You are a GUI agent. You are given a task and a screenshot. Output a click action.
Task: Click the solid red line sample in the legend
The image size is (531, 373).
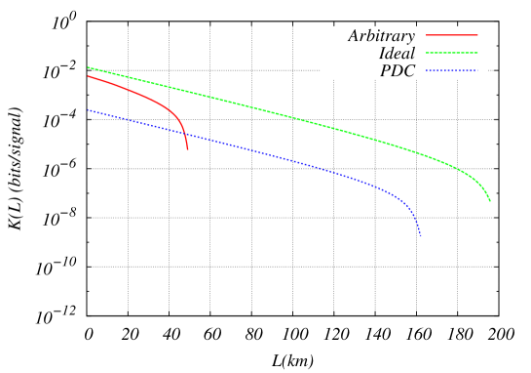[x=452, y=35]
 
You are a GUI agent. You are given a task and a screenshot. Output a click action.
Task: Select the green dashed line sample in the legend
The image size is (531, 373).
[x=452, y=53]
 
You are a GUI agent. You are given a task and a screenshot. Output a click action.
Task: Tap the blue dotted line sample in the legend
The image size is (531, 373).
[x=452, y=70]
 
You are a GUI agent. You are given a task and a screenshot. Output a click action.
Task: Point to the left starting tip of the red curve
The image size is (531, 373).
[x=88, y=76]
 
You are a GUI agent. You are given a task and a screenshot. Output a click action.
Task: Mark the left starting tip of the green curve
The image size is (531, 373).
[x=88, y=67]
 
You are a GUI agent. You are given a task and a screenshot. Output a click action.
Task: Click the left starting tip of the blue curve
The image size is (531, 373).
[x=88, y=109]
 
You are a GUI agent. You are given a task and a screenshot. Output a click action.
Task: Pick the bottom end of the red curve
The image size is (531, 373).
[x=187, y=149]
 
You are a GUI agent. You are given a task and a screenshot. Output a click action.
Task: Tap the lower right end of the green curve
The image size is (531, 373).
[x=490, y=201]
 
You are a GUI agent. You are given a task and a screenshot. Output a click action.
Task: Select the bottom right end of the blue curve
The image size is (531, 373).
[x=421, y=235]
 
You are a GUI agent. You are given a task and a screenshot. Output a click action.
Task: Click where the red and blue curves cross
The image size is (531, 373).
[x=185, y=134]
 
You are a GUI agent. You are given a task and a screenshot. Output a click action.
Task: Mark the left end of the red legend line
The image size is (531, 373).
[x=427, y=35]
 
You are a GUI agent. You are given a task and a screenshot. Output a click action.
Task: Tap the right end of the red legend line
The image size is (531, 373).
[x=477, y=35]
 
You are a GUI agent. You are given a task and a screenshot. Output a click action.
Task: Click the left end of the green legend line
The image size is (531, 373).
[x=427, y=53]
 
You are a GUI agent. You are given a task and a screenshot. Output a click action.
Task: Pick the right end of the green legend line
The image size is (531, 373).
[x=477, y=53]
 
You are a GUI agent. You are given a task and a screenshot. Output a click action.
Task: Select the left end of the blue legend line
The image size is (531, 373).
[x=427, y=70]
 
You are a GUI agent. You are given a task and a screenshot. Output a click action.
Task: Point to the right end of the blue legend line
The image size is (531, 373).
[x=477, y=70]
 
